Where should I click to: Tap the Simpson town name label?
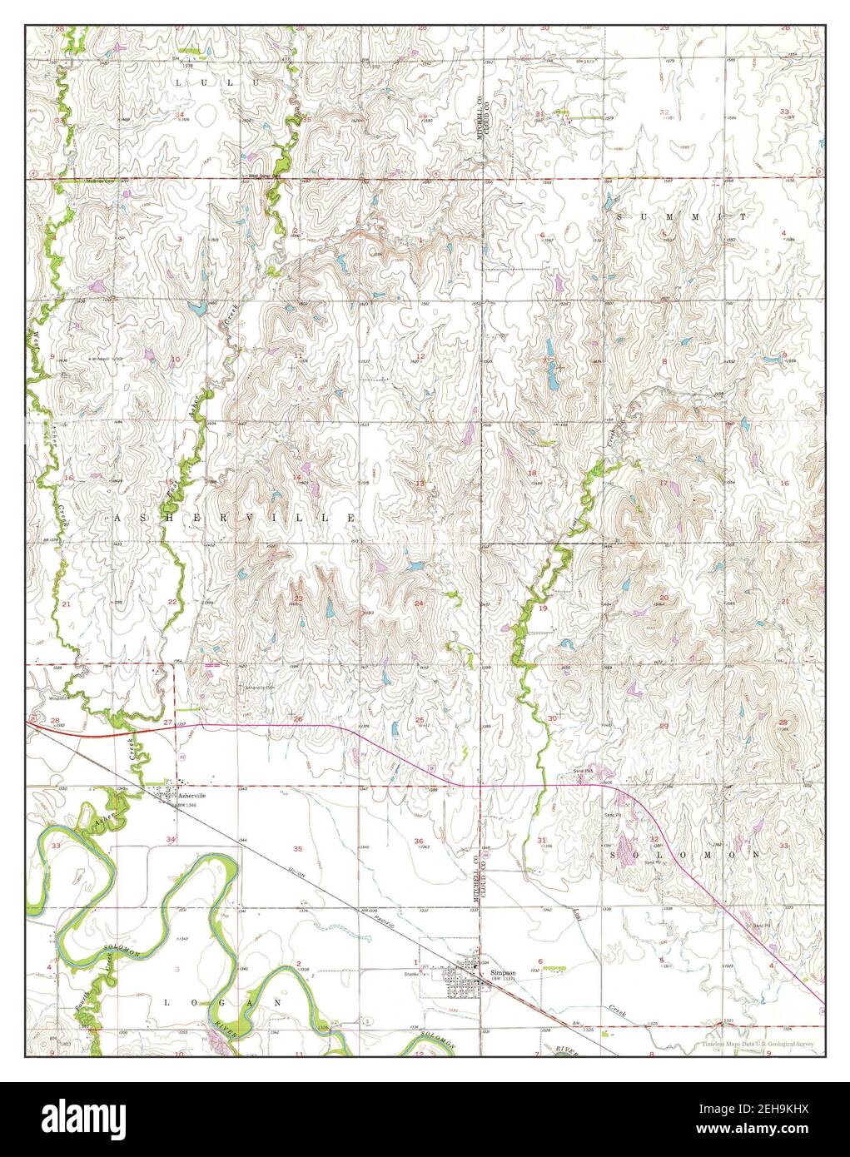point(503,971)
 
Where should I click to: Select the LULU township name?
point(219,84)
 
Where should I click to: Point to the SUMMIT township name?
point(682,216)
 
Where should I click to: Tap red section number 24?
point(419,603)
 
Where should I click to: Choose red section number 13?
point(420,484)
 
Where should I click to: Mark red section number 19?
point(543,609)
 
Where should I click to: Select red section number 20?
point(664,598)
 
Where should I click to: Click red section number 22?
point(172,601)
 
